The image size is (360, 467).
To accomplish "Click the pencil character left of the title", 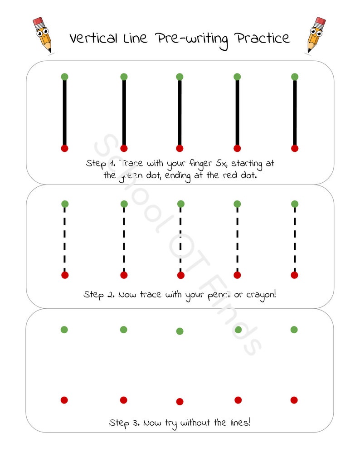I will coord(42,34).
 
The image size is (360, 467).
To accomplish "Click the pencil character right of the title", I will coord(316,34).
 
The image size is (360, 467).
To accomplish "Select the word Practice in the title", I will coord(262,39).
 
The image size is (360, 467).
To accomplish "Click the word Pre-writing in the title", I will coord(191,39).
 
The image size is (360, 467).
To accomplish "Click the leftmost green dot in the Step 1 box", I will coord(64,77).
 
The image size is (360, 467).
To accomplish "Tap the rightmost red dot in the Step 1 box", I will coord(295,148).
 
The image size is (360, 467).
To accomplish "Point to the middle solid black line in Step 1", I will coord(180,112).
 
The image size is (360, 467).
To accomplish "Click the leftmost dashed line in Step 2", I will coord(65,239).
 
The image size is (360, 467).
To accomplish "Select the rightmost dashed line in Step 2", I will coord(295,239).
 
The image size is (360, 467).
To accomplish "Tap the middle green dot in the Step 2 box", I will coord(180,204).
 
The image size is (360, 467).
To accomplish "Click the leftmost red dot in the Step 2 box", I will coord(65,275).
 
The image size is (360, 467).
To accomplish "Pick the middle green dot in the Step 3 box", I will coord(180,331).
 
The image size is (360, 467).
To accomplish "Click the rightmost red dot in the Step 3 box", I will coord(294,400).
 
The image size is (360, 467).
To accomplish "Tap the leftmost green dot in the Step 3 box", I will coord(64,330).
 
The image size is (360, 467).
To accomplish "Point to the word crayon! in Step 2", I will coord(261,295).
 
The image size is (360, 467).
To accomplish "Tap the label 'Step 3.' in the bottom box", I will coord(124,423).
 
